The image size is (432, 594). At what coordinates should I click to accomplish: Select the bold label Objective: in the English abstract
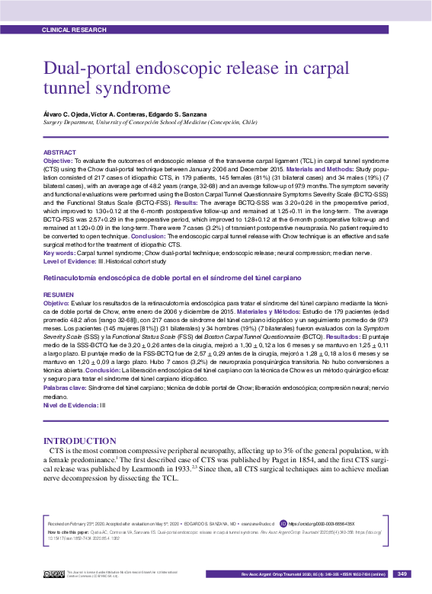(57, 161)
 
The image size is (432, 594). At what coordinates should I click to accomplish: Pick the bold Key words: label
(59, 251)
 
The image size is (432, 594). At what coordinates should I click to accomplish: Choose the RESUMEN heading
(59, 293)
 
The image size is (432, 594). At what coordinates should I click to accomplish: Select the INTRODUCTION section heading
(80, 441)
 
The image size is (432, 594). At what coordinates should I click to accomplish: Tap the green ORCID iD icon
(283, 525)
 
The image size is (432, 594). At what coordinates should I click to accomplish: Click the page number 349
(403, 573)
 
